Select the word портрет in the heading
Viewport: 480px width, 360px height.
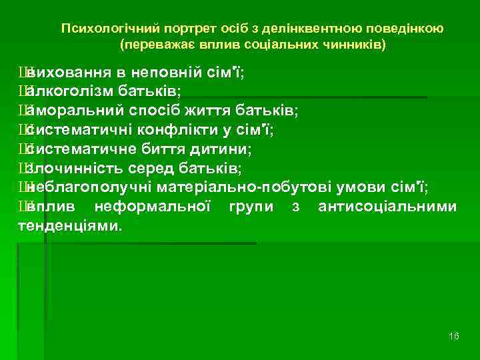click(x=163, y=29)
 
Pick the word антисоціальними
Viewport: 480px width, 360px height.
click(x=387, y=207)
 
